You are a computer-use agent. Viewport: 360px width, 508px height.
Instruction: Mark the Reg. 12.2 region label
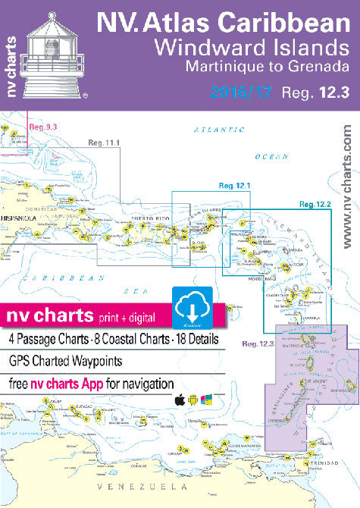coord(315,204)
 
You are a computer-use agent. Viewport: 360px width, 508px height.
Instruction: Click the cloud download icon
coord(189,305)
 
